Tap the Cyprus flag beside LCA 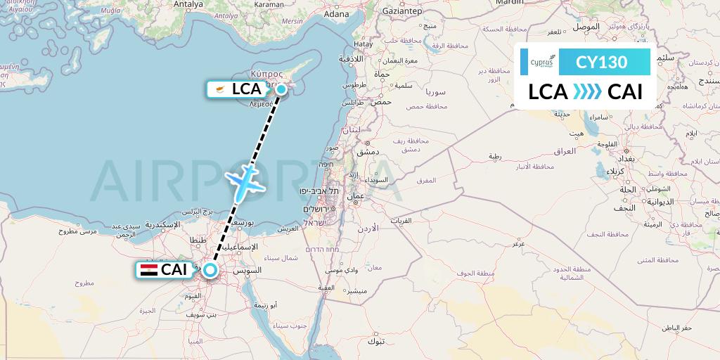220,89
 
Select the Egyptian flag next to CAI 149,270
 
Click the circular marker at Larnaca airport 281,89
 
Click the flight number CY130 601,62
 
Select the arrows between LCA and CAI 587,92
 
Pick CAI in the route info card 625,92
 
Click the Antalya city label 188,4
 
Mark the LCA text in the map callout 247,89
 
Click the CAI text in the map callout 175,270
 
